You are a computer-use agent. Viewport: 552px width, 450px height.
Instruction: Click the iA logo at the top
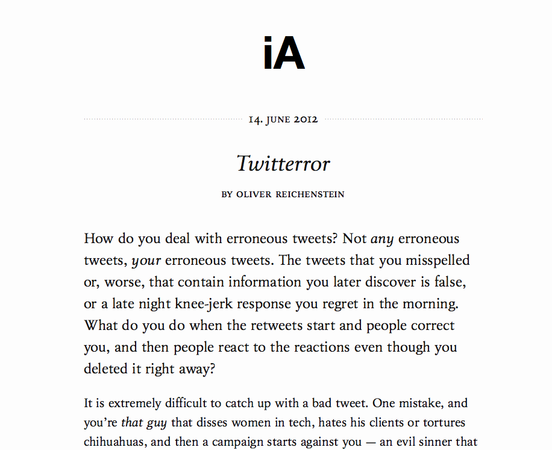click(x=284, y=54)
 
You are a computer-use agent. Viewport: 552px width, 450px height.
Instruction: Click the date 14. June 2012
click(x=283, y=119)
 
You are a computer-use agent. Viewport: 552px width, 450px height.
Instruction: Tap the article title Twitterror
click(x=283, y=163)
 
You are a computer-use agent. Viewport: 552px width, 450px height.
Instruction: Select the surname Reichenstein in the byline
click(x=310, y=194)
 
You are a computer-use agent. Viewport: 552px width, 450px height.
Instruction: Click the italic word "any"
click(x=382, y=239)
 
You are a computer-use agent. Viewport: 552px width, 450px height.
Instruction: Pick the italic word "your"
click(x=146, y=261)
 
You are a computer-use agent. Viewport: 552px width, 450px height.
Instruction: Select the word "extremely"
click(x=124, y=403)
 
